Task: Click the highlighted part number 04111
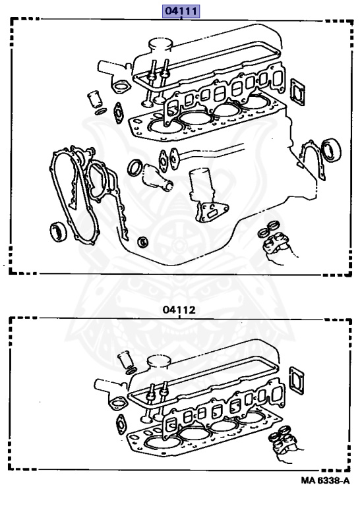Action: point(181,11)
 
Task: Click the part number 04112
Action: point(179,310)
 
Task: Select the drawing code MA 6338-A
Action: point(326,480)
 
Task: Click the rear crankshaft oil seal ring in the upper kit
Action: point(332,150)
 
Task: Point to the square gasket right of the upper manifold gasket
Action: point(297,92)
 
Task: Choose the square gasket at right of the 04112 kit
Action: point(297,381)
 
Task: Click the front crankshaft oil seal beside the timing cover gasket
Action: point(59,231)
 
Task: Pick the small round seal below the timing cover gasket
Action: point(142,242)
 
